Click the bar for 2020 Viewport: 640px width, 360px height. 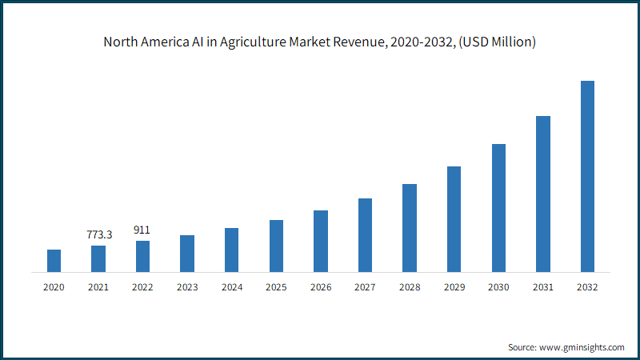[x=54, y=261]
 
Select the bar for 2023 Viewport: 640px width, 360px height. [x=187, y=254]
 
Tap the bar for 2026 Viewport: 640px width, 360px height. [x=321, y=242]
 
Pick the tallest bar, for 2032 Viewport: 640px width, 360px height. [x=587, y=176]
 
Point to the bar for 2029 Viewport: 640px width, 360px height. [x=454, y=219]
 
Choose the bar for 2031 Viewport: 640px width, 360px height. [x=543, y=194]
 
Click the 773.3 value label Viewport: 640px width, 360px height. [x=99, y=234]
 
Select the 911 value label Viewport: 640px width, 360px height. [x=142, y=230]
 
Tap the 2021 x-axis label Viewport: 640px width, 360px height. [x=98, y=287]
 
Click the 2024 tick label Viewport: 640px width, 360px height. [x=232, y=287]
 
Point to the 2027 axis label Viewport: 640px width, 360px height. [x=365, y=287]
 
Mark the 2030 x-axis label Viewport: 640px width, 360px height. [x=498, y=287]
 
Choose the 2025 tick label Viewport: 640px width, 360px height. [x=276, y=287]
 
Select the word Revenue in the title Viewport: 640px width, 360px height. [x=360, y=42]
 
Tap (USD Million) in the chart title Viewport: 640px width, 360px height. [x=497, y=42]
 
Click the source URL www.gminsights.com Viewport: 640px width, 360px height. [x=582, y=347]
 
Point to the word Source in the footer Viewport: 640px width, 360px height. [x=522, y=347]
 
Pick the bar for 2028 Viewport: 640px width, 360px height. [x=410, y=228]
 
